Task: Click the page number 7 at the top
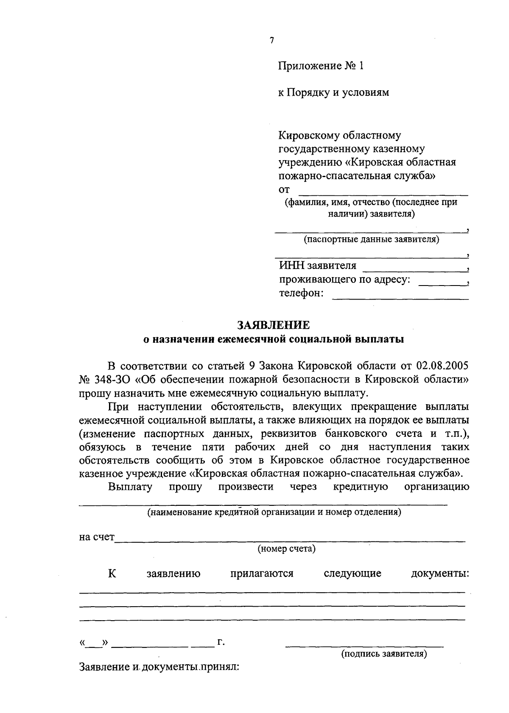point(271,41)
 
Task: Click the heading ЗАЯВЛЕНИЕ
point(274,325)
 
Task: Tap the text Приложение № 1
point(321,66)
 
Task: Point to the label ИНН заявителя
point(318,266)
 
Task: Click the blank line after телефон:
point(400,299)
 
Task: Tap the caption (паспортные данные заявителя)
point(371,240)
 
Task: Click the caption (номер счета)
point(287,549)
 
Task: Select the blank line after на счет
point(290,541)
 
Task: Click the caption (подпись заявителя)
point(384,654)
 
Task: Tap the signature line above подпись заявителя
point(365,646)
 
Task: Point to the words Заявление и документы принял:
point(159,667)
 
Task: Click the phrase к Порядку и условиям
point(333,92)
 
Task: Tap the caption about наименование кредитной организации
point(274,512)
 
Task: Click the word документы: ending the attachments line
point(440,574)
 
